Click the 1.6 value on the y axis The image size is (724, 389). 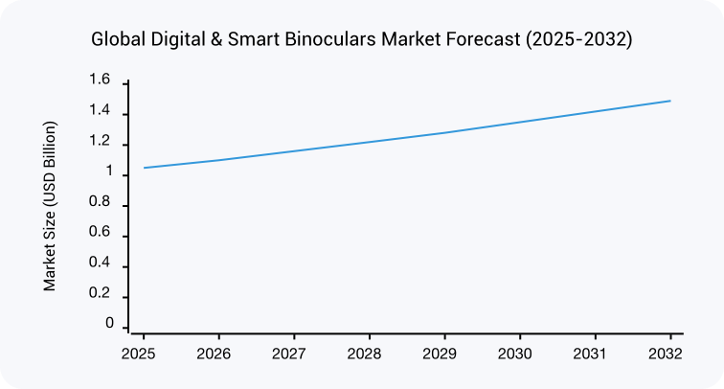pos(100,80)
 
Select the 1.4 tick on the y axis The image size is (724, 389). pos(100,113)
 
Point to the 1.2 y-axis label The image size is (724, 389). pos(100,144)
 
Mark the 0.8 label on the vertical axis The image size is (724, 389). pos(100,204)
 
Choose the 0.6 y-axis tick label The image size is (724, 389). pos(100,235)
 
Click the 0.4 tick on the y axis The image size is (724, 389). pos(100,265)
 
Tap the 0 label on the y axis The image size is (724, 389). pos(109,325)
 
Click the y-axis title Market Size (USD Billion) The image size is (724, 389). pos(51,206)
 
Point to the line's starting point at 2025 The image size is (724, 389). pos(144,168)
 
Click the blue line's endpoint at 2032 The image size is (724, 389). pos(670,101)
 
